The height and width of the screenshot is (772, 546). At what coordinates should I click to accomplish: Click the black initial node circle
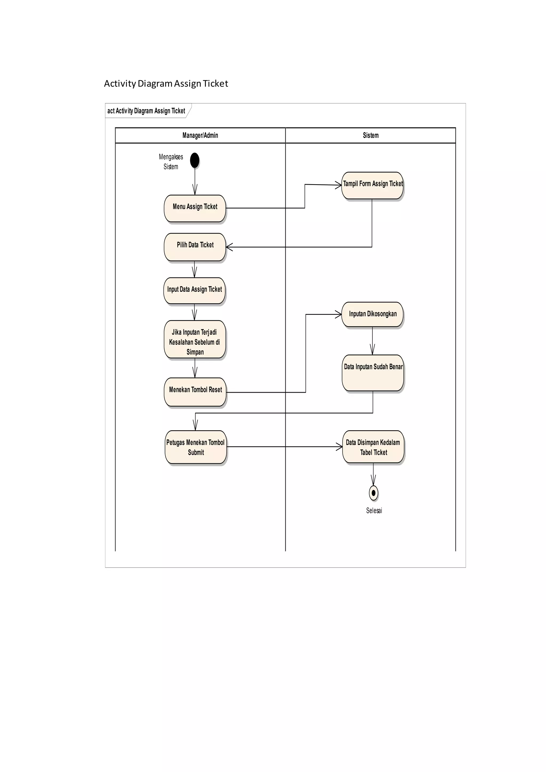[194, 160]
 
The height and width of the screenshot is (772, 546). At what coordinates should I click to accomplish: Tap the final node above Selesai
[373, 493]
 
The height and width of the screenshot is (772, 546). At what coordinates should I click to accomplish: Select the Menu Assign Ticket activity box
[195, 208]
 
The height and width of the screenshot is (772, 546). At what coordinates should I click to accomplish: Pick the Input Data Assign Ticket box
[194, 290]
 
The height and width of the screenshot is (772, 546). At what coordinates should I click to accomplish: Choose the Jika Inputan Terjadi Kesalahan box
[195, 339]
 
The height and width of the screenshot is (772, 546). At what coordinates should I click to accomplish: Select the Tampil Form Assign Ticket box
[372, 185]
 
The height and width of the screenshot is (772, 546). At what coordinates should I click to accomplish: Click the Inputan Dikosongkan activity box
[372, 314]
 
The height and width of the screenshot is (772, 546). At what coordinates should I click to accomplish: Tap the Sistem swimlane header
[371, 135]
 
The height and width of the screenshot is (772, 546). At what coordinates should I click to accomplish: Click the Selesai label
[374, 510]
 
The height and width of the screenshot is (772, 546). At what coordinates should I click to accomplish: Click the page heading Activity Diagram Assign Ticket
[166, 83]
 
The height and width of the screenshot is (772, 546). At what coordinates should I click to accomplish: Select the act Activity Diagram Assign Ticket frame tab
[146, 111]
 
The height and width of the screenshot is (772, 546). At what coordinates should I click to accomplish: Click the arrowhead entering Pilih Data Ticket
[229, 247]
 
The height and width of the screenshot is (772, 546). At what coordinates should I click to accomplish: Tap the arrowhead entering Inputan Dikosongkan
[338, 314]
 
